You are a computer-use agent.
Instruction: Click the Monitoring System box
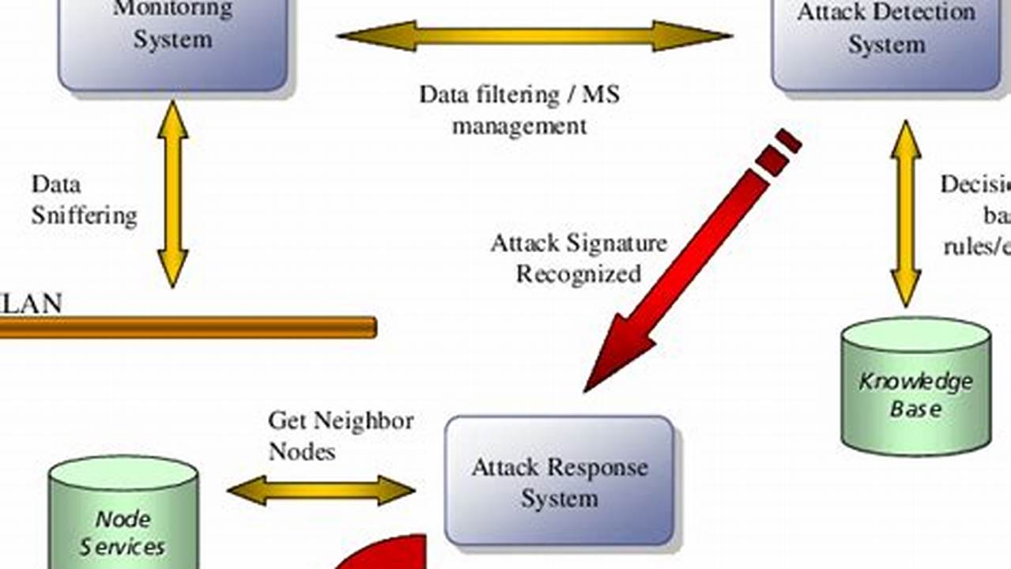point(172,43)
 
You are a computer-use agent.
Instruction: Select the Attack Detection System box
point(885,43)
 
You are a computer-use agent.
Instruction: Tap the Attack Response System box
point(559,480)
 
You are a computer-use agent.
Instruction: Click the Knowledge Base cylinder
point(915,391)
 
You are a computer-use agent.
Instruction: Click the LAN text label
point(32,304)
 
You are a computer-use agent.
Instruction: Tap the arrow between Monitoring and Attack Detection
point(534,36)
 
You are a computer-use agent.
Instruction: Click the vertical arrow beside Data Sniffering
point(172,194)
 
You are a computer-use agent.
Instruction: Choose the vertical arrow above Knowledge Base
point(906,213)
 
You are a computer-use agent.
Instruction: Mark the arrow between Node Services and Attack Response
point(321,490)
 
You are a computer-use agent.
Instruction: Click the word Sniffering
point(84,216)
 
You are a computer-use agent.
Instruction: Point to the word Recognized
point(578,273)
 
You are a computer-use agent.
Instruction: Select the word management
point(519,126)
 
